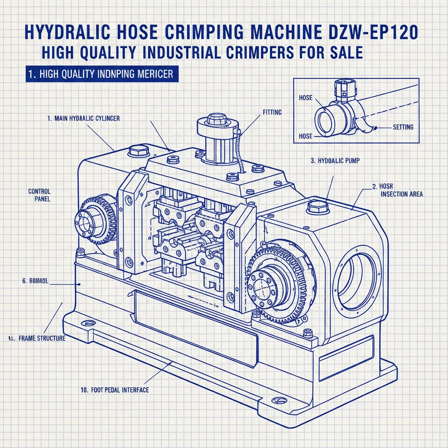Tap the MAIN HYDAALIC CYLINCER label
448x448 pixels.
tap(83, 119)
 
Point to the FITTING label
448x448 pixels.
tap(273, 112)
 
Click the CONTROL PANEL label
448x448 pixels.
tap(39, 195)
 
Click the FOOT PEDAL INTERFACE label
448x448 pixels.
tap(114, 390)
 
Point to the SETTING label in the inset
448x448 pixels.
tap(403, 127)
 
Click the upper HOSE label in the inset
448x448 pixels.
tap(305, 98)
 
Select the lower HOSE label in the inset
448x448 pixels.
tap(305, 136)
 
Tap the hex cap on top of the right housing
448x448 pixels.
tap(316, 206)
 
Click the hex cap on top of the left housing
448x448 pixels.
tap(138, 151)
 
